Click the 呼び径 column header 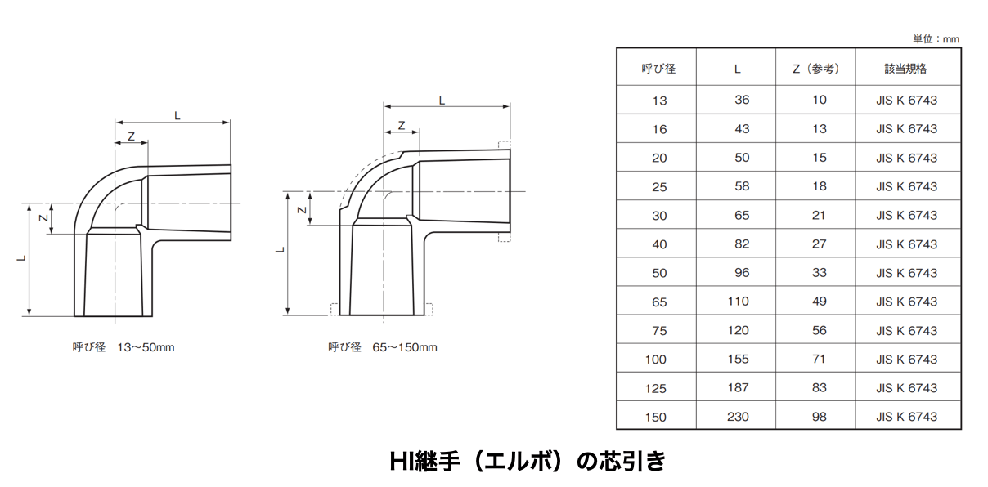coord(658,69)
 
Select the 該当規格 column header coord(905,69)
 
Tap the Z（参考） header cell coord(815,69)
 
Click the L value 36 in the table coord(742,100)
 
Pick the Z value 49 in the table coord(819,302)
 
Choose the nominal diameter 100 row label coord(655,360)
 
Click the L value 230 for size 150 coord(738,417)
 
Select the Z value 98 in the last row coord(819,417)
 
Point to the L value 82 coord(742,243)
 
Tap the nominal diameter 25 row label coord(659,187)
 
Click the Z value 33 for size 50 coord(819,273)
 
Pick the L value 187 coord(738,388)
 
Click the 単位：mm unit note coord(936,39)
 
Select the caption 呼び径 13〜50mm coord(123,347)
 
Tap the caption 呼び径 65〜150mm coord(383,347)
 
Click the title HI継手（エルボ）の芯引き coord(528,461)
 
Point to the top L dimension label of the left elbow coord(177,116)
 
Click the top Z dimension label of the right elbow coord(402,126)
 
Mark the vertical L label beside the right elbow coord(281,250)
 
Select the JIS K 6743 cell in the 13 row coord(906,101)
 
